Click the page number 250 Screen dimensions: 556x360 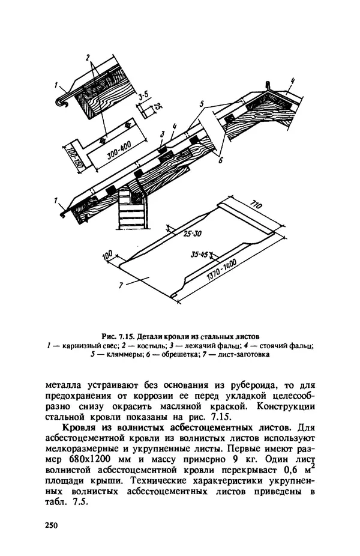coord(52,525)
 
